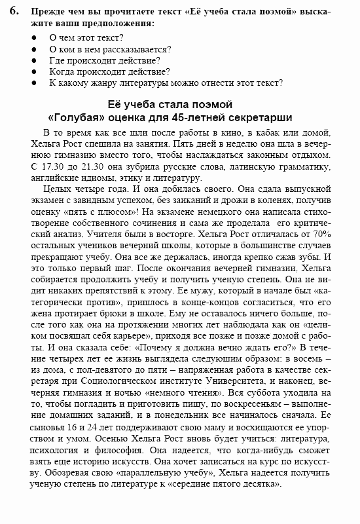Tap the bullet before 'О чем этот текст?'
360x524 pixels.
point(34,37)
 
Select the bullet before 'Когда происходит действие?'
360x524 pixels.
point(34,71)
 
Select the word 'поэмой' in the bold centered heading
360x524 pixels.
point(211,104)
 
